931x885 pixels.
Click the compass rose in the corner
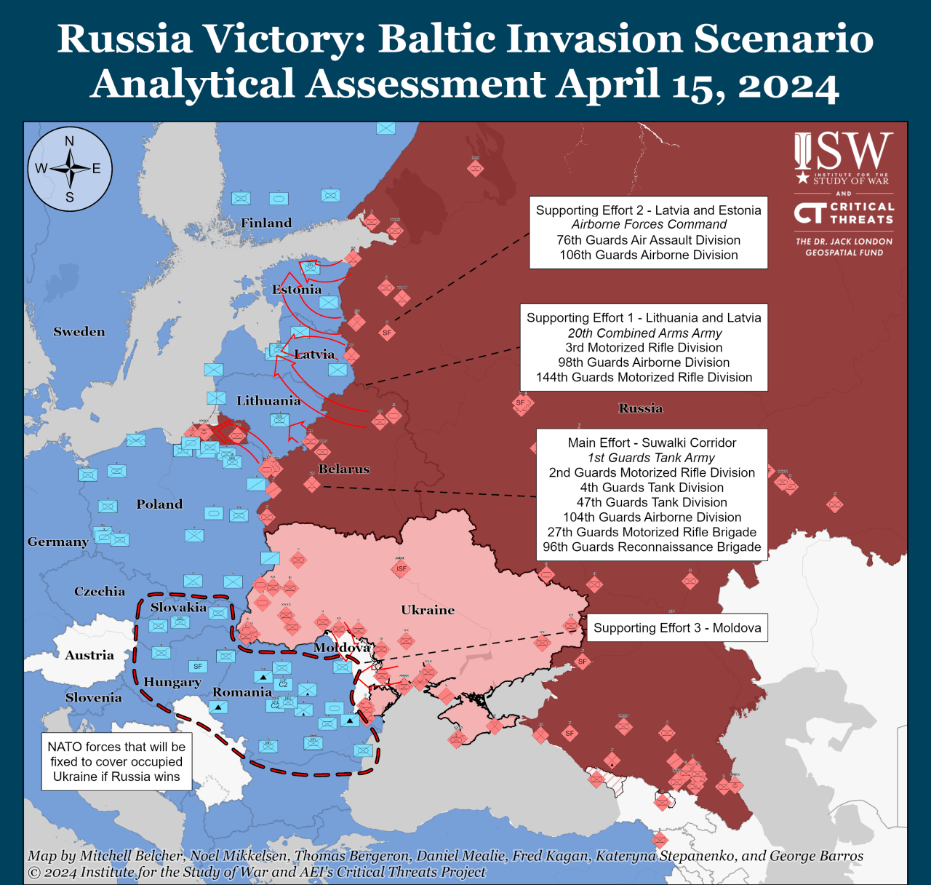pyautogui.click(x=70, y=169)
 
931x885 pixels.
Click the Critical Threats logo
pyautogui.click(x=843, y=213)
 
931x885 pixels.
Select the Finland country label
pyautogui.click(x=266, y=223)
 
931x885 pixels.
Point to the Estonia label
pyautogui.click(x=297, y=290)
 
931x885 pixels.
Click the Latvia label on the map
pyautogui.click(x=314, y=354)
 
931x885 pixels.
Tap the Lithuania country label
pyautogui.click(x=268, y=401)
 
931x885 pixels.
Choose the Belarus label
pyautogui.click(x=344, y=469)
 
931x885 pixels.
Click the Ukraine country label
pyautogui.click(x=428, y=610)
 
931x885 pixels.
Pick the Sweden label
pyautogui.click(x=79, y=332)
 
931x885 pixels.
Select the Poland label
pyautogui.click(x=159, y=504)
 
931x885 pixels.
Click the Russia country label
pyautogui.click(x=641, y=408)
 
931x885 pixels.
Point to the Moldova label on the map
pyautogui.click(x=342, y=648)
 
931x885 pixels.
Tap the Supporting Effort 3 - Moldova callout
pyautogui.click(x=677, y=628)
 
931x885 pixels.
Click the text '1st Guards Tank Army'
pyautogui.click(x=651, y=458)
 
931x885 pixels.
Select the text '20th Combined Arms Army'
pyautogui.click(x=644, y=333)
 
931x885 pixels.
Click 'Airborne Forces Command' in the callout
pyautogui.click(x=649, y=225)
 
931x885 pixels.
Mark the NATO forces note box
pyautogui.click(x=116, y=761)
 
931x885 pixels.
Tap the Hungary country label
pyautogui.click(x=172, y=682)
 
